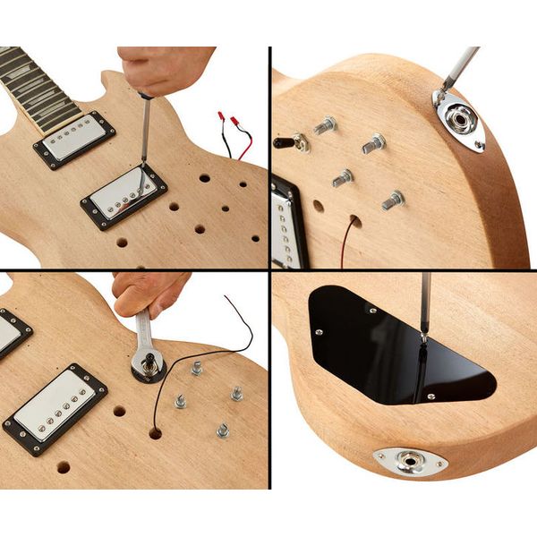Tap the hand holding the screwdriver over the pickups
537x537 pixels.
166,68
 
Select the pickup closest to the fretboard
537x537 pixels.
74,140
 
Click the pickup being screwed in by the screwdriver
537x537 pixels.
124,196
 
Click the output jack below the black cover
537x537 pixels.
411,461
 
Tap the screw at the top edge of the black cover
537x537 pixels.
371,311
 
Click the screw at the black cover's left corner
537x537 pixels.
318,331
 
